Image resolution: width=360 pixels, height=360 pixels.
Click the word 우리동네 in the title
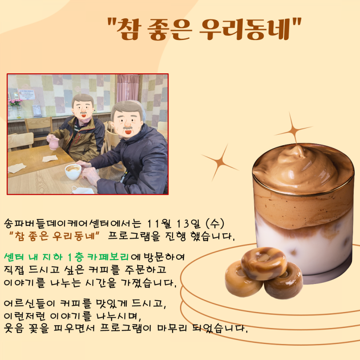coord(245,29)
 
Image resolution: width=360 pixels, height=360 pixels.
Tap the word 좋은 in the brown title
coord(169,29)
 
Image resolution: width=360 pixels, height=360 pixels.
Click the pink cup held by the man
coord(54,143)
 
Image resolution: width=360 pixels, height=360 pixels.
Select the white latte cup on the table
coord(73,172)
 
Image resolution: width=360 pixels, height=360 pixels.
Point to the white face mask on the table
coord(82,190)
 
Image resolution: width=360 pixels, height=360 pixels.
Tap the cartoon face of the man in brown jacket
coord(83,107)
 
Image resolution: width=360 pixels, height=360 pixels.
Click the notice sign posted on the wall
coord(27,94)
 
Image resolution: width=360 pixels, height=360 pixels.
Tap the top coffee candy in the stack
coord(264,264)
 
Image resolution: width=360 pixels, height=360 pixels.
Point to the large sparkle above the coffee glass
coord(293,130)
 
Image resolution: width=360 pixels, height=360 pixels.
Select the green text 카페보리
coord(108,257)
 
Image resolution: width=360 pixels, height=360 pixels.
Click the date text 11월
coord(159,224)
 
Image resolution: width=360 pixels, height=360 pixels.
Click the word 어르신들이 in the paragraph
coord(29,303)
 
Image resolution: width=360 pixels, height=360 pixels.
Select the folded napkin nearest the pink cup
coord(50,158)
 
